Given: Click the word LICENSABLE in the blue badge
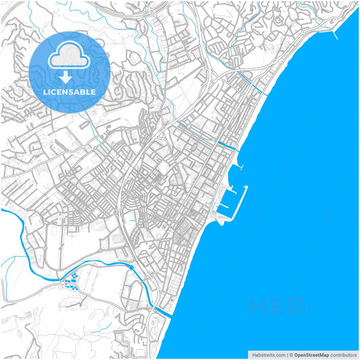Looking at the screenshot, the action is click(69, 91).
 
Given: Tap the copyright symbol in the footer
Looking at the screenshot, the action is click(290, 354).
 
